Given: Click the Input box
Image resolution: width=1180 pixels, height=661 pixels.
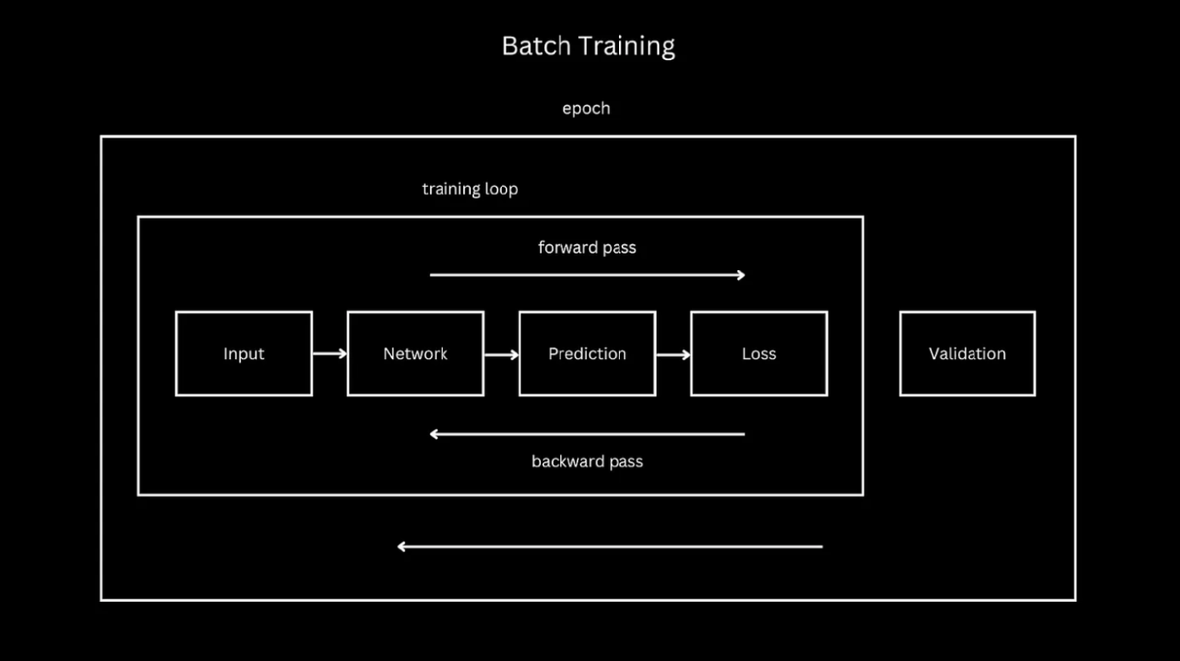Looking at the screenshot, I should tap(244, 354).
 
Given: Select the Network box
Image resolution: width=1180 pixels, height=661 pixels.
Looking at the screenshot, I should tap(415, 354).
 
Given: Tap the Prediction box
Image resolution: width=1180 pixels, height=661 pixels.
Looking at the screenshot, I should tap(587, 354).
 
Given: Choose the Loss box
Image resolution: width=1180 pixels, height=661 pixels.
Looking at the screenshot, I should tap(759, 354).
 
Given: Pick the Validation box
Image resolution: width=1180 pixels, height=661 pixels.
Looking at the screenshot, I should tap(968, 354).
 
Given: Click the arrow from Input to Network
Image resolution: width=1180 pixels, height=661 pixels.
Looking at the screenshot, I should tap(329, 354).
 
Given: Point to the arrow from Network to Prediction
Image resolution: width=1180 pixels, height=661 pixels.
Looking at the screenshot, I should tap(501, 354).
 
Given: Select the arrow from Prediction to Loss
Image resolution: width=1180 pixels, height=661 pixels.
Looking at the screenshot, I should tap(674, 354).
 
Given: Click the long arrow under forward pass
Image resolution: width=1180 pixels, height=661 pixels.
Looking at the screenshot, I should tap(587, 275).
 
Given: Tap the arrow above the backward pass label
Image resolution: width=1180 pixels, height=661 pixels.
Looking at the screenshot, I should tap(587, 434).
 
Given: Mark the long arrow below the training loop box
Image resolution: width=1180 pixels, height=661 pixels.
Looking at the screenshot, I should tap(610, 546).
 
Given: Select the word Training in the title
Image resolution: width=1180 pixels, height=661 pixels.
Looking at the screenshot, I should tap(625, 46).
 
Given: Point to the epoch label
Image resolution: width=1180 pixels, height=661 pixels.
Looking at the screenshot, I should tap(586, 108).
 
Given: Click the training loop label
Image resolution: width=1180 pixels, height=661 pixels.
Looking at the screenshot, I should tap(470, 189).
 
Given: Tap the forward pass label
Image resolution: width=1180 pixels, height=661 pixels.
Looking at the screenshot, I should tap(587, 247).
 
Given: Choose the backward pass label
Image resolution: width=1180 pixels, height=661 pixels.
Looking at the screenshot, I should tap(587, 461).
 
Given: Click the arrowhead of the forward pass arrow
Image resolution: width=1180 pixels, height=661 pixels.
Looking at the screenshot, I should tap(741, 275).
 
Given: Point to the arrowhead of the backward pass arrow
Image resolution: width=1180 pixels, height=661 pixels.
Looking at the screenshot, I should tap(435, 434).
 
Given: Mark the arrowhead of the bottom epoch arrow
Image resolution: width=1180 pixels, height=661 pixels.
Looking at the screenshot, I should tap(402, 546).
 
